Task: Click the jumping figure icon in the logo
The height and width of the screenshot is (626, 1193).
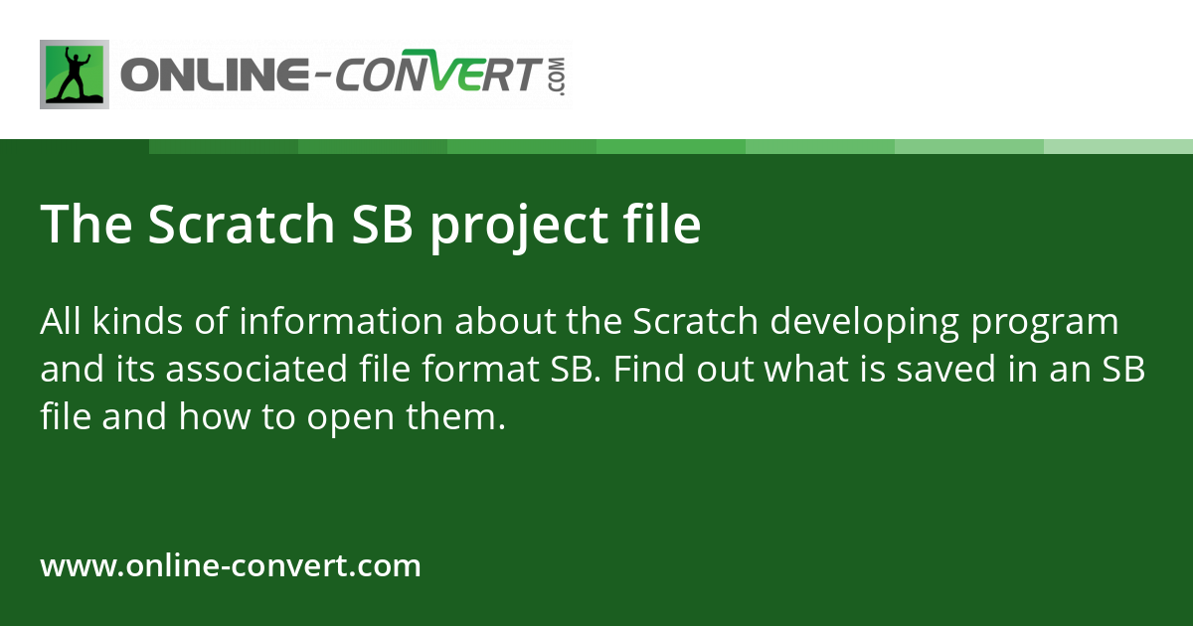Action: (x=74, y=75)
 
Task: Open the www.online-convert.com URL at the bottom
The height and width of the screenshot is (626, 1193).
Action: (x=231, y=566)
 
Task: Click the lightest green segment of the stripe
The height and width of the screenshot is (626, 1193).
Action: (x=1117, y=146)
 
